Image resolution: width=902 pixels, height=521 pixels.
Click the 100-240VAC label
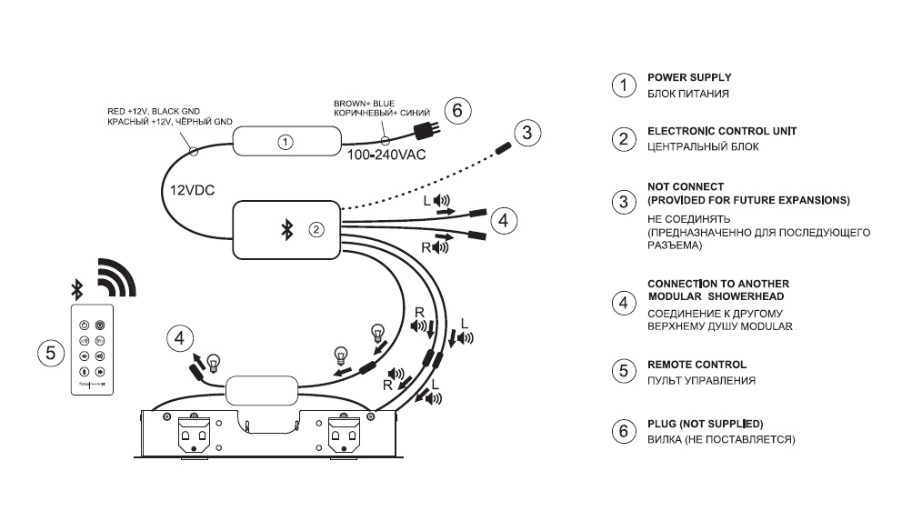click(386, 155)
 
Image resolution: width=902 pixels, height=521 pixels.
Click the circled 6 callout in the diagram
click(457, 111)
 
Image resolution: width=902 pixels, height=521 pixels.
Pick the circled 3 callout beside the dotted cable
click(525, 133)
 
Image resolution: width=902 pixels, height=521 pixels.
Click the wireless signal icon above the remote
click(118, 279)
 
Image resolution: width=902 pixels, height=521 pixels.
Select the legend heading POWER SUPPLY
click(688, 77)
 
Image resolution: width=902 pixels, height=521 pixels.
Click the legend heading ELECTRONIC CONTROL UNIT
click(721, 131)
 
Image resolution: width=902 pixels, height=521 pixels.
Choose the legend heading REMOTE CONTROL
click(696, 365)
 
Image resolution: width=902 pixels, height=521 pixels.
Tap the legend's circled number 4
click(622, 302)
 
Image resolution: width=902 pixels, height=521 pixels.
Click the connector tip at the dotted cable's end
click(502, 146)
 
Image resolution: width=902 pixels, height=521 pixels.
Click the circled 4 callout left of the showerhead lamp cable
click(180, 339)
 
